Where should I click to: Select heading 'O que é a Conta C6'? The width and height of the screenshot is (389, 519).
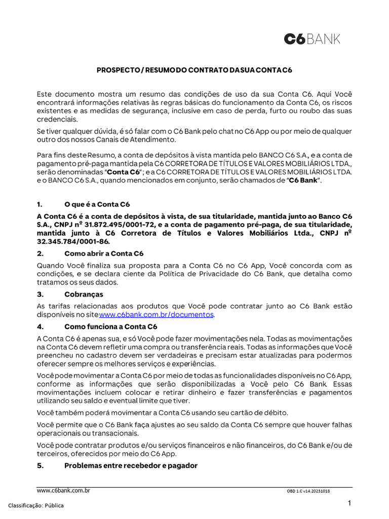(97, 205)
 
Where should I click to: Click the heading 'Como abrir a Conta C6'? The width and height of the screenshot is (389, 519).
(104, 253)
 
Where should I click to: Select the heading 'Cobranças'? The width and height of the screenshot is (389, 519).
(84, 294)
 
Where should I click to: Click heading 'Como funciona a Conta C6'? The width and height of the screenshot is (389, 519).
(110, 326)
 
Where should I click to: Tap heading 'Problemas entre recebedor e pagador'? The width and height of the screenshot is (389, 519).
(131, 465)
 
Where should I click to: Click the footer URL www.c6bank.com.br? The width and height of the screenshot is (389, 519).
(63, 491)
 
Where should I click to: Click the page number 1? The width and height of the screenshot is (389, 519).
(349, 503)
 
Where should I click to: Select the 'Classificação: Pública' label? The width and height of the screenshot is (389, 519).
(36, 505)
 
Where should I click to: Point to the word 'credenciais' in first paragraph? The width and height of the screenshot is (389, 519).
(57, 119)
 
